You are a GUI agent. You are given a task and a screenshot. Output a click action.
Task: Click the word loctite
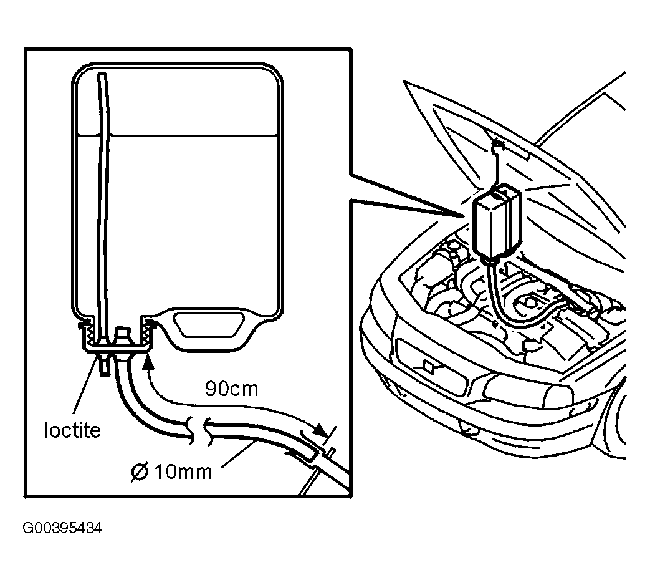(72, 430)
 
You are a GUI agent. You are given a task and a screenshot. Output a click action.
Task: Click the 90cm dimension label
(231, 389)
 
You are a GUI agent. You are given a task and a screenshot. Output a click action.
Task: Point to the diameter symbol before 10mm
(139, 472)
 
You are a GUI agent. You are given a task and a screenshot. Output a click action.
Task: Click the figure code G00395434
(62, 529)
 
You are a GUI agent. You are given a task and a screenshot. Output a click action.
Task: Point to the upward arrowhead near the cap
(148, 360)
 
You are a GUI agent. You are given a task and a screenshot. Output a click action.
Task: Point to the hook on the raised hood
(497, 148)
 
